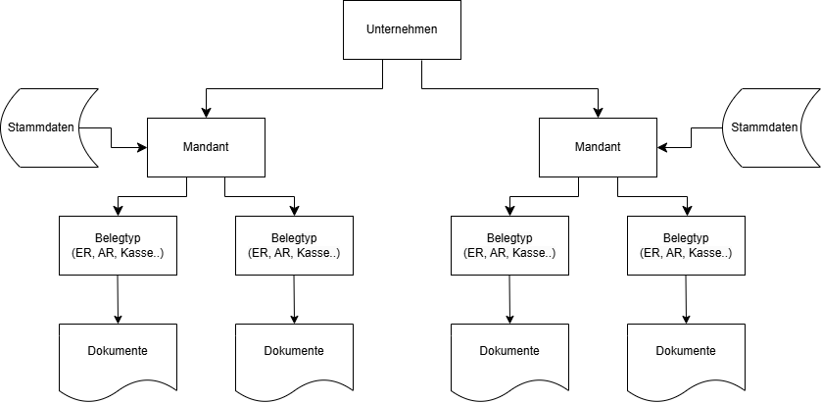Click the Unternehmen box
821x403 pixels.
pos(402,29)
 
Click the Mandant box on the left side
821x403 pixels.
pos(206,147)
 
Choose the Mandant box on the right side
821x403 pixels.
pos(598,147)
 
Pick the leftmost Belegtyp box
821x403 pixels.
pos(118,245)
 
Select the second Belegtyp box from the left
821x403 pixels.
pos(294,245)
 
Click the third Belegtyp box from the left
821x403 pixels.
pos(509,245)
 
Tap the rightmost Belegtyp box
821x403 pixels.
pos(686,245)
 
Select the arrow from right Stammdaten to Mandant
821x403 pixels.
pos(692,137)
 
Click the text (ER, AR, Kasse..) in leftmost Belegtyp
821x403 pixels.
pos(118,253)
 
